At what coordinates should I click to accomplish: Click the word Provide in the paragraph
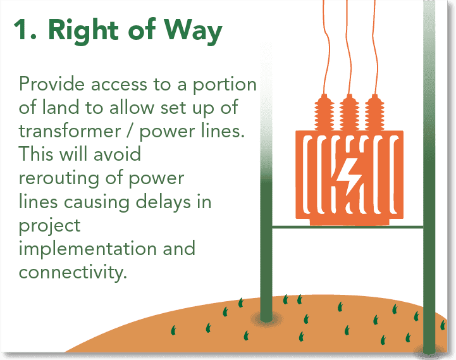pyautogui.click(x=52, y=84)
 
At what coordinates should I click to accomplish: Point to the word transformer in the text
pyautogui.click(x=70, y=131)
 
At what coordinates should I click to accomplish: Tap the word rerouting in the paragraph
pyautogui.click(x=59, y=179)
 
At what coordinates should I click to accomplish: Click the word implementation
pyautogui.click(x=87, y=249)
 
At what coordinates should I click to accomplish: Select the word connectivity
pyautogui.click(x=73, y=273)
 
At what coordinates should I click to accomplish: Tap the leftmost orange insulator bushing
pyautogui.click(x=324, y=113)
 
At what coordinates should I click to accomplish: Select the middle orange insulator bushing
pyautogui.click(x=349, y=113)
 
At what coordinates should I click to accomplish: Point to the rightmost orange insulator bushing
pyautogui.click(x=374, y=113)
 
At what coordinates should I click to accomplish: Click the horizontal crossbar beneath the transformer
pyautogui.click(x=347, y=227)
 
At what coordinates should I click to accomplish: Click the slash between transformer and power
pyautogui.click(x=130, y=131)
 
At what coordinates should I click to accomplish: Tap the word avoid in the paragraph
pyautogui.click(x=117, y=154)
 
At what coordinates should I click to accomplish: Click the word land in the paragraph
pyautogui.click(x=61, y=107)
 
